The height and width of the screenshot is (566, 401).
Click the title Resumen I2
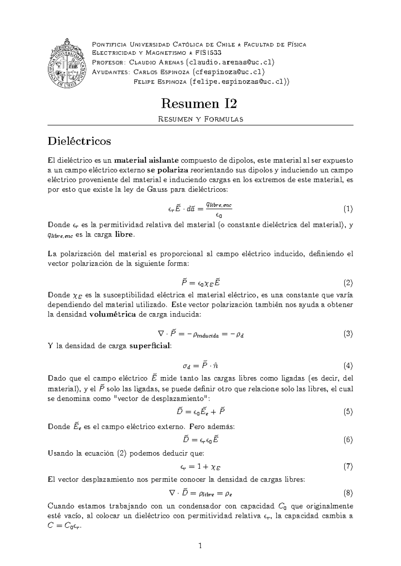tap(199, 104)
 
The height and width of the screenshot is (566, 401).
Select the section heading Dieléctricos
tap(79, 141)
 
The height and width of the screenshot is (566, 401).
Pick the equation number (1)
tap(348, 209)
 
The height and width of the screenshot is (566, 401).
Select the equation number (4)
tap(348, 366)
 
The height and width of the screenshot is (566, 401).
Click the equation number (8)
tap(348, 493)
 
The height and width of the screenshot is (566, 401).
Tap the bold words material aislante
tap(146, 160)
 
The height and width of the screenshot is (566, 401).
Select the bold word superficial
tap(150, 346)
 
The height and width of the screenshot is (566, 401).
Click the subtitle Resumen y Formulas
tap(200, 119)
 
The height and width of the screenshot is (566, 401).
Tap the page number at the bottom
tap(200, 546)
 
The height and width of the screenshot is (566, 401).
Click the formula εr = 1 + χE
tap(200, 467)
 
